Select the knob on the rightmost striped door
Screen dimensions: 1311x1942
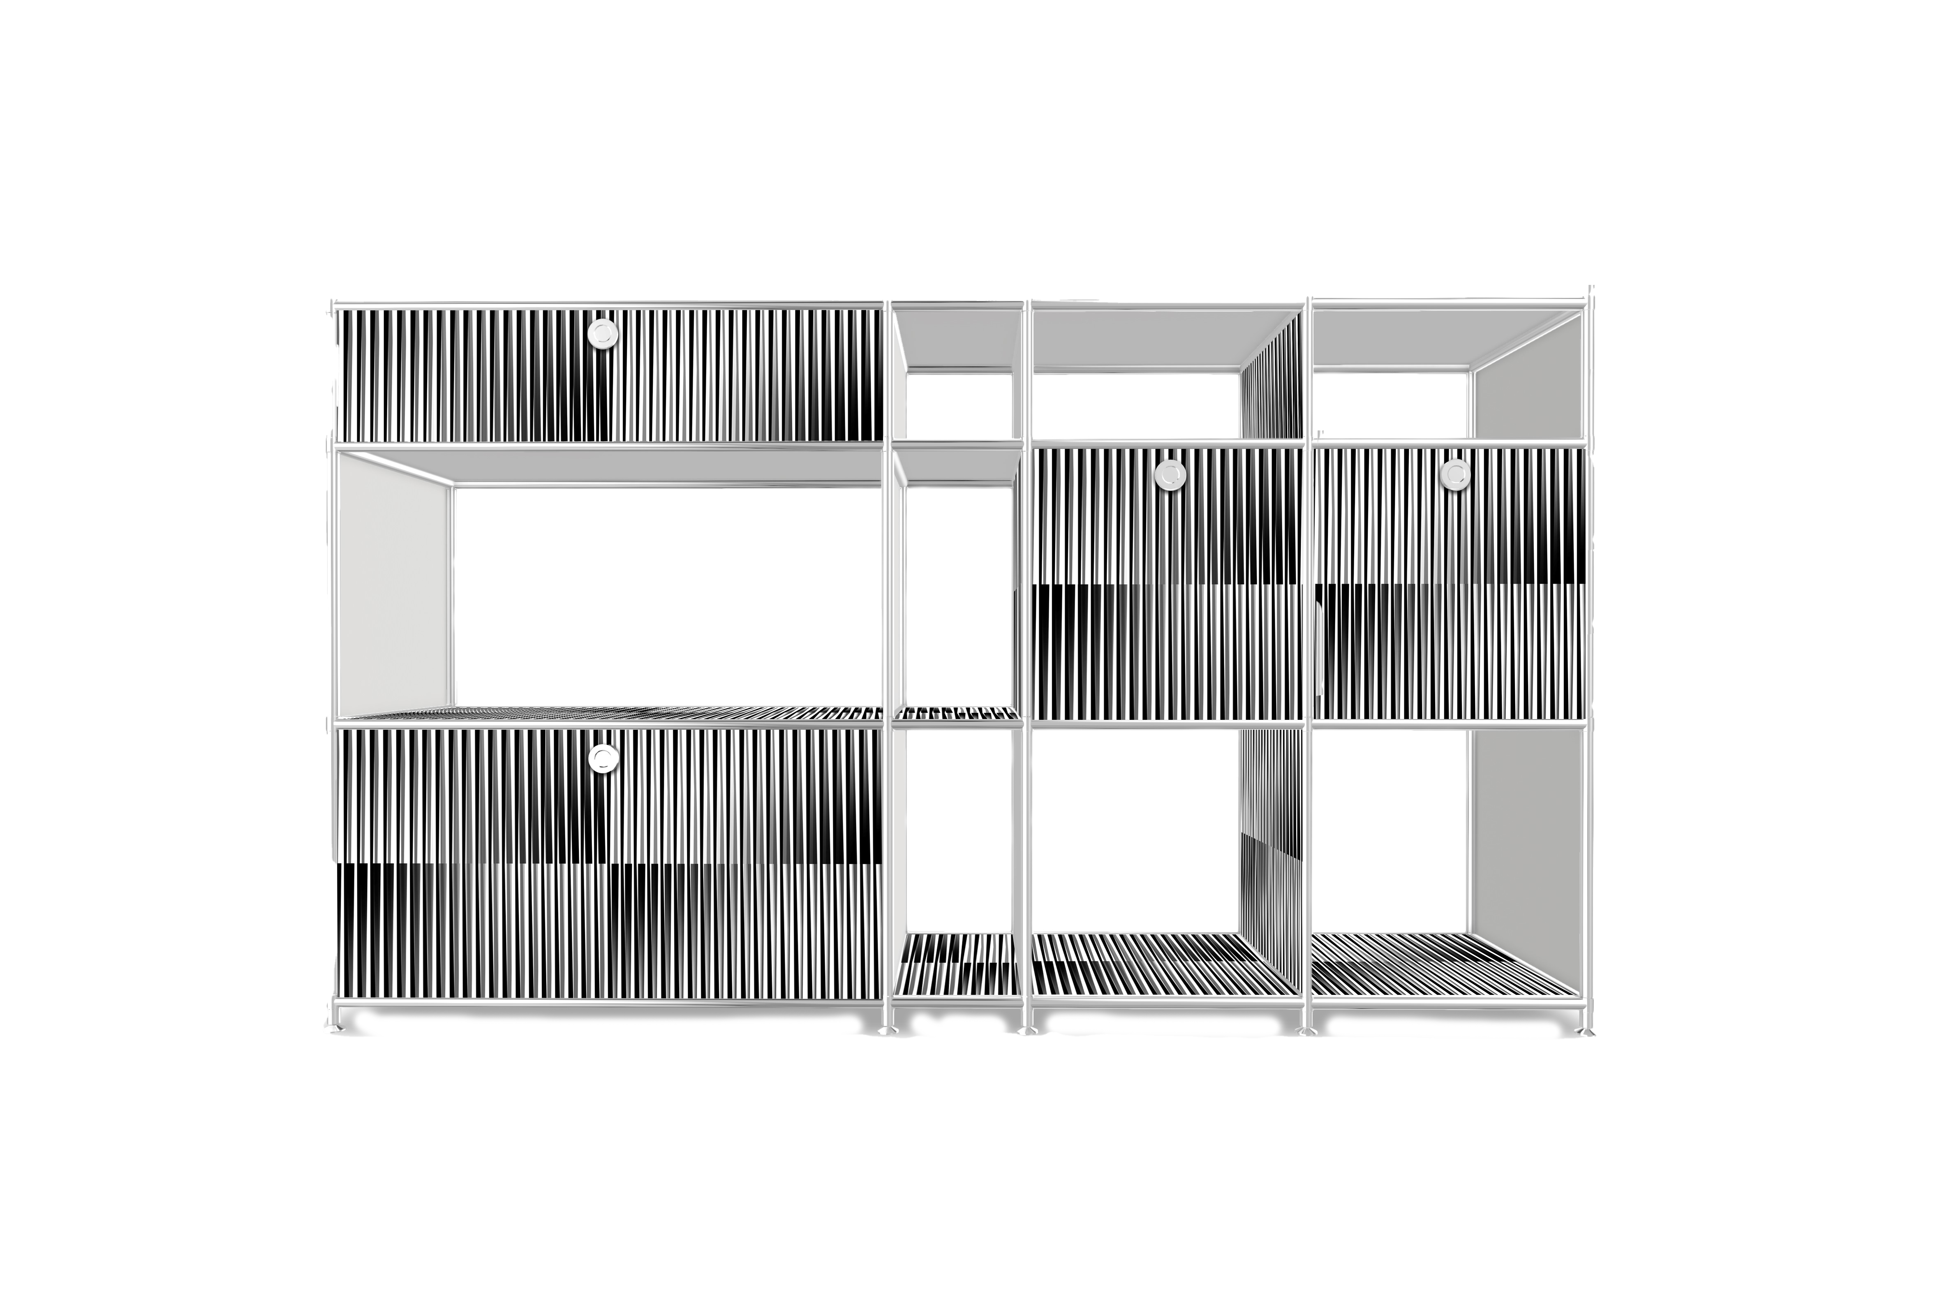tap(1455, 474)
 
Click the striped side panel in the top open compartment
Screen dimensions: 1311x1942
tap(1272, 380)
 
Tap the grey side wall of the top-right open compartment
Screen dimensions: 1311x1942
tap(1528, 376)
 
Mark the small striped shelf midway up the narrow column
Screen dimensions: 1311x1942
tap(957, 713)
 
